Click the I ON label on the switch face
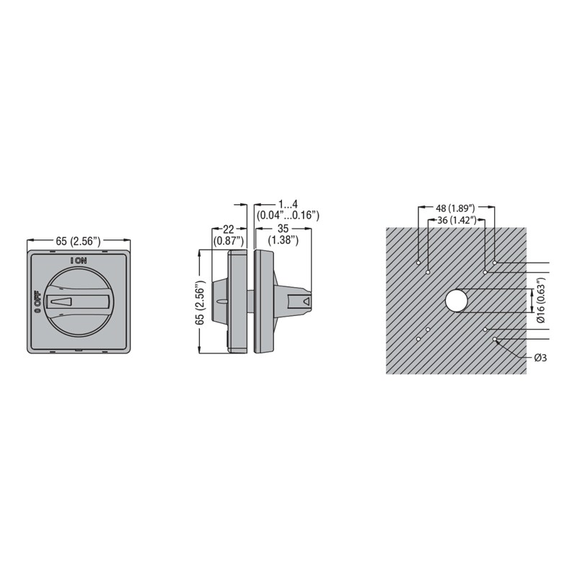tap(79, 260)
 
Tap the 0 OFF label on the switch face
tap(38, 301)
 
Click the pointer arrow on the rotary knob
tap(61, 301)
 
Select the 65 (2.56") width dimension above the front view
tap(78, 241)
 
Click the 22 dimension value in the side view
tap(228, 229)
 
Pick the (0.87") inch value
tap(229, 241)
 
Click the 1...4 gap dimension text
tap(288, 204)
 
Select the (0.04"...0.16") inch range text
tap(288, 215)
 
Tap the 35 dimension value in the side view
tap(283, 229)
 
